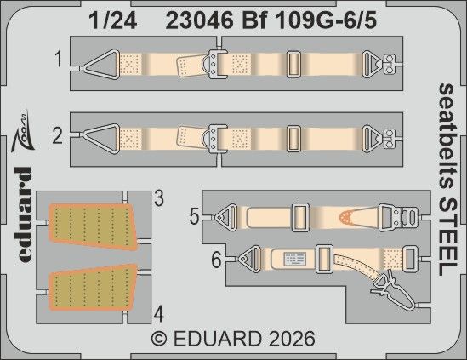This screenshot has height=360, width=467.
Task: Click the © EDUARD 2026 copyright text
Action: [x=233, y=338]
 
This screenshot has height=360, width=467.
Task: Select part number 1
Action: [x=59, y=60]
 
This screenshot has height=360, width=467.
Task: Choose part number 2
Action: [x=59, y=133]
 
